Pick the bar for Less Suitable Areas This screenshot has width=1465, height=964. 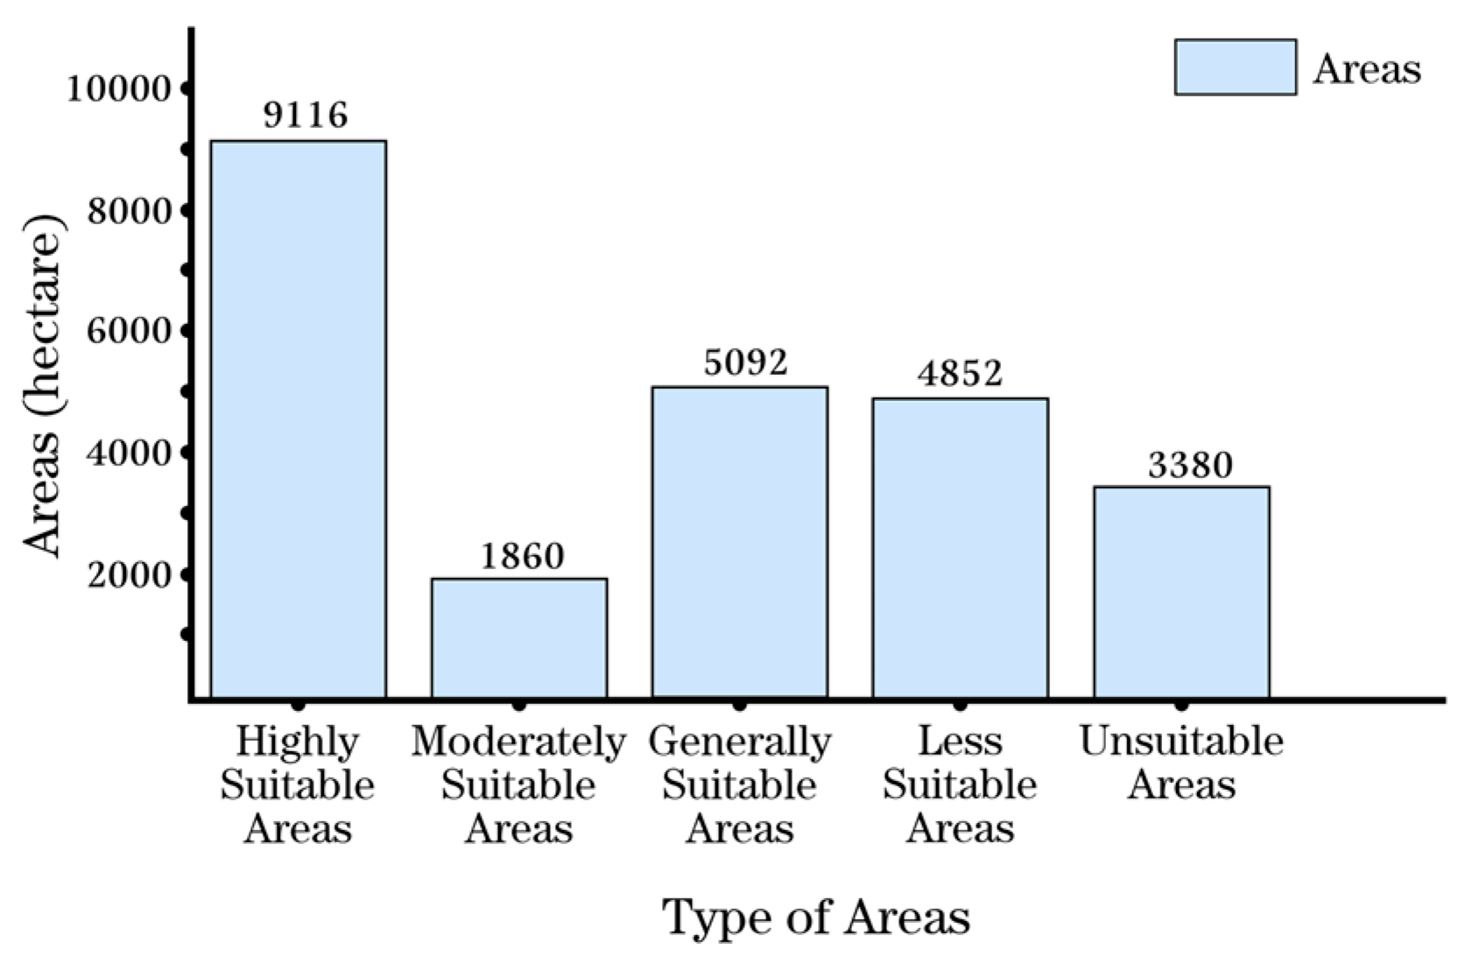(961, 548)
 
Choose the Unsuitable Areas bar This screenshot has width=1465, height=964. (1181, 592)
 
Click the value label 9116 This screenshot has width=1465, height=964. (306, 115)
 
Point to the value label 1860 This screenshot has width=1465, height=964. (523, 556)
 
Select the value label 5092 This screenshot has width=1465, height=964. (746, 362)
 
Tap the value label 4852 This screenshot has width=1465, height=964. (960, 374)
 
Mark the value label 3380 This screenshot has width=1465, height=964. (1190, 465)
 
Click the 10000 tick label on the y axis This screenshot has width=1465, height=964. (118, 88)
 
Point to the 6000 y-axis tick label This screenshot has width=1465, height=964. (128, 331)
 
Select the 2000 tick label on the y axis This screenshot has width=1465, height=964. (128, 574)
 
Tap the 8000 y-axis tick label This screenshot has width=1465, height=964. (128, 210)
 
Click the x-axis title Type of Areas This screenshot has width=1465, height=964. (816, 918)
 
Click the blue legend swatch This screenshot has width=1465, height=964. (1235, 67)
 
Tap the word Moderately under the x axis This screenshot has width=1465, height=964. (519, 742)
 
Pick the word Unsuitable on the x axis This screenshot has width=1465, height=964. (1181, 742)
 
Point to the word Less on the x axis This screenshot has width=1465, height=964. (960, 742)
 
